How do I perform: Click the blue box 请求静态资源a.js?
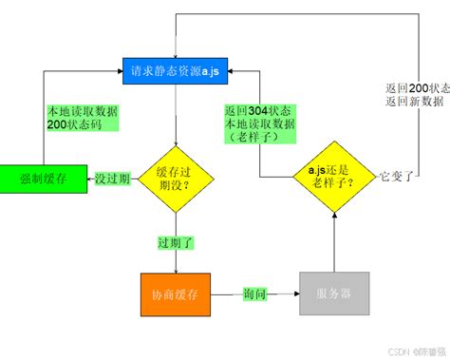click(x=176, y=70)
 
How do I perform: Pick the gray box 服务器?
click(x=333, y=294)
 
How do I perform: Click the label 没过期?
click(x=114, y=177)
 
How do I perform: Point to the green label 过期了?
click(x=176, y=242)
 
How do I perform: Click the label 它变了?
click(x=397, y=177)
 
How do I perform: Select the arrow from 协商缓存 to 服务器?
click(x=275, y=294)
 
